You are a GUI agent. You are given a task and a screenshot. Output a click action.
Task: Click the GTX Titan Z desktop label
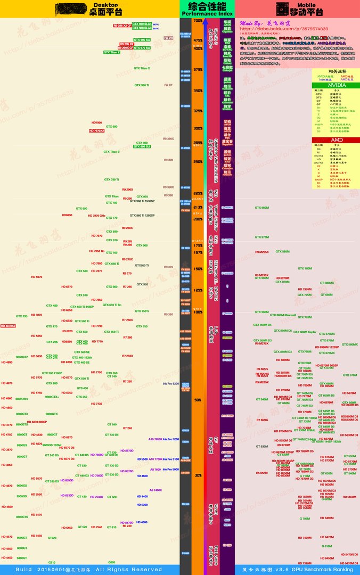tap(112, 53)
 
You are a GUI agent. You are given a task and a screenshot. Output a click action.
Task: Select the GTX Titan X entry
tap(142, 68)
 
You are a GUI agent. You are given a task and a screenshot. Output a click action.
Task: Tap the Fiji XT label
tap(168, 85)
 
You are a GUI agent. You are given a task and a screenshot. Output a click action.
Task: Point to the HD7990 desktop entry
tap(96, 122)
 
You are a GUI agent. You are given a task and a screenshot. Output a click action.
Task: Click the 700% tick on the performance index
tap(198, 21)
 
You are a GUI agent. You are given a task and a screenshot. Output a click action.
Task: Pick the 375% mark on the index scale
tap(198, 69)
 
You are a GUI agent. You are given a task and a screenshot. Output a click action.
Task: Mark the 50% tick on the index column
tap(198, 399)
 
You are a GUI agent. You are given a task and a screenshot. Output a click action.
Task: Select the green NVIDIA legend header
tap(336, 85)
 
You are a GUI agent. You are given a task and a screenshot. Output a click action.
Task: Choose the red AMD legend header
tap(336, 139)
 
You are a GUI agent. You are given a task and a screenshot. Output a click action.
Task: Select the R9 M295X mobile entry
tap(261, 251)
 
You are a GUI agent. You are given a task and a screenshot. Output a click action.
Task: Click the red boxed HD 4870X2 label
tap(8, 325)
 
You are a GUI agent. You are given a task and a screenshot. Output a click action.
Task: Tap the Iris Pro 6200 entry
tap(171, 383)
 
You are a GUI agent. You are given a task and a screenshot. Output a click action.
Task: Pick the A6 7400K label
tap(156, 490)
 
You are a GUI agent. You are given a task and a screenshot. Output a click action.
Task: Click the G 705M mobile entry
tap(304, 518)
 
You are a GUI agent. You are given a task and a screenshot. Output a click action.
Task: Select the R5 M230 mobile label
tap(261, 473)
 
